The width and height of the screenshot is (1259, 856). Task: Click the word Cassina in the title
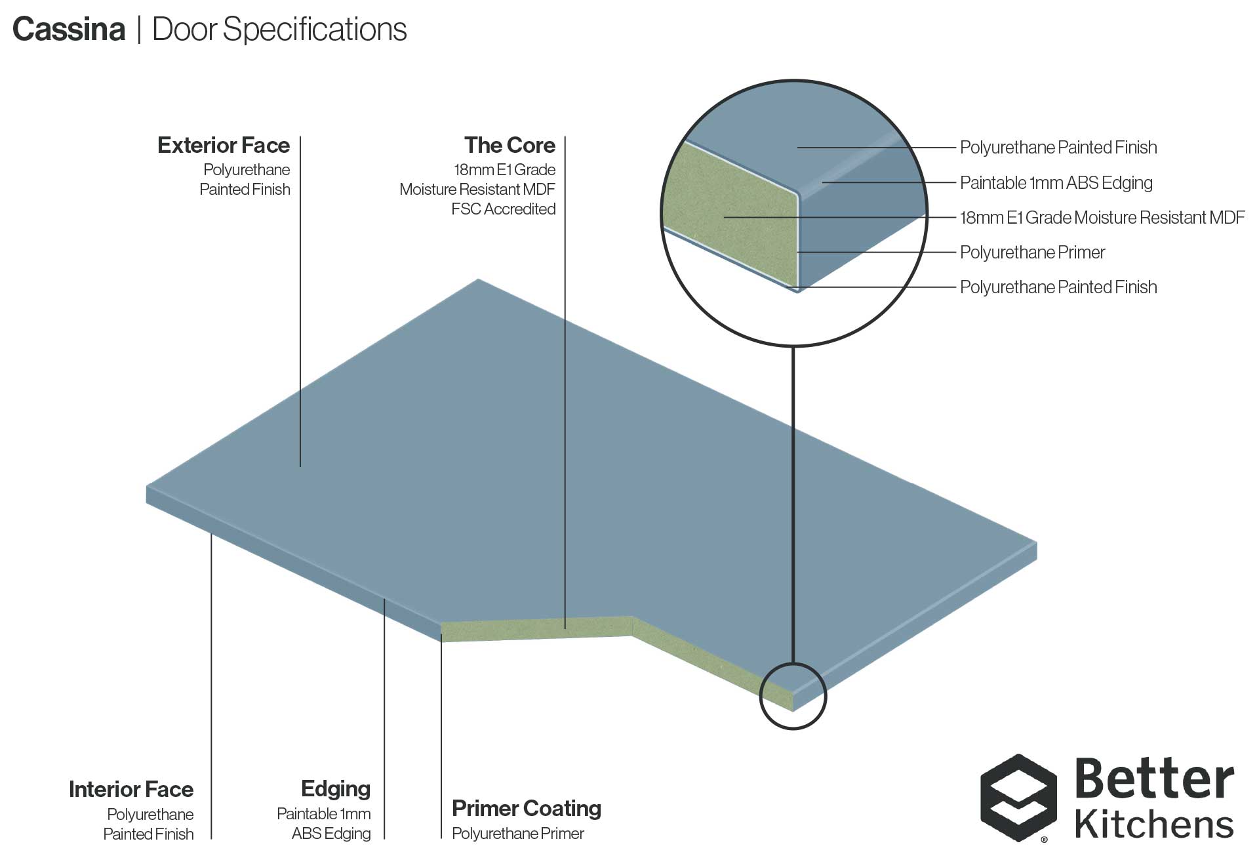(69, 30)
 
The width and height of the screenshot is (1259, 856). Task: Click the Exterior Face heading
(224, 145)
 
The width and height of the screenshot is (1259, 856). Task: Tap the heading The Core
(510, 145)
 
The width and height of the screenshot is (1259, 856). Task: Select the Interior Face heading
(131, 789)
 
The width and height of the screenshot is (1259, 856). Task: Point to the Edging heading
(336, 788)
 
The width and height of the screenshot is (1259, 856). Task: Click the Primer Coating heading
(527, 808)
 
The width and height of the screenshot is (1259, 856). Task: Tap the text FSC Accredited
(503, 209)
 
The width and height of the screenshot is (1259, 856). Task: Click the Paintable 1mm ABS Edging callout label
(1056, 182)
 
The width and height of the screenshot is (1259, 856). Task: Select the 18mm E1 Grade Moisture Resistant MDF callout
(1102, 217)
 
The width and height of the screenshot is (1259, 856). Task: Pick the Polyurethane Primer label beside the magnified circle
(1032, 252)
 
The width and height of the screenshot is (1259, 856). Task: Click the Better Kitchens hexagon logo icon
(1018, 797)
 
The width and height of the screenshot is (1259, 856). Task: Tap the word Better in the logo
(1154, 780)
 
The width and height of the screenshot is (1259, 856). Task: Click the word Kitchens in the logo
(1154, 824)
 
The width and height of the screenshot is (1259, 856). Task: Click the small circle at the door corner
(793, 695)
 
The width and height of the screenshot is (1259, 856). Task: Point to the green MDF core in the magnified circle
(728, 216)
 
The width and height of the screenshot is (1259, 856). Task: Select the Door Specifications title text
(279, 30)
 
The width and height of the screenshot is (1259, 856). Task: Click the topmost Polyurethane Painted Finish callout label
(1058, 147)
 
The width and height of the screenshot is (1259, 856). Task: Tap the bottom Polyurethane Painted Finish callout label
(1058, 287)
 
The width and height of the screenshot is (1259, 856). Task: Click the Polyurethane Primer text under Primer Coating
(517, 834)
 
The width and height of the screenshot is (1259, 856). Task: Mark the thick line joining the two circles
(793, 505)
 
